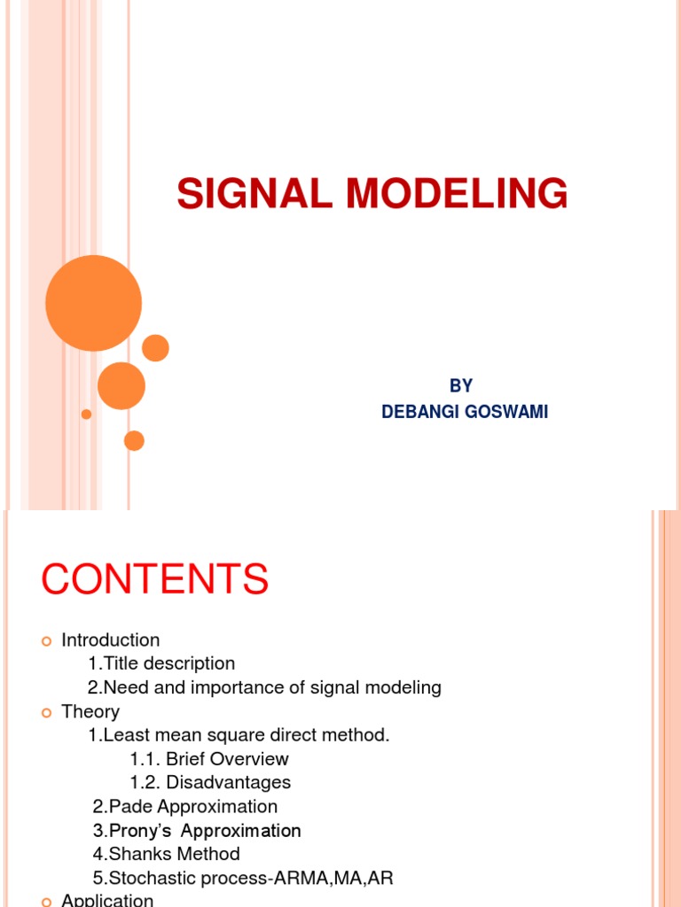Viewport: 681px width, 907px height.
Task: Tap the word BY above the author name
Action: tap(461, 386)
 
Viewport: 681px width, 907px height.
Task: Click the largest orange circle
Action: tap(93, 303)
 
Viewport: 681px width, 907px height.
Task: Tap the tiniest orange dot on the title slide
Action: tap(86, 414)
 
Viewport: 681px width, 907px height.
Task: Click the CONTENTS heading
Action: tap(154, 579)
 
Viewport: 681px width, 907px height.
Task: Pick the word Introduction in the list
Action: tap(111, 640)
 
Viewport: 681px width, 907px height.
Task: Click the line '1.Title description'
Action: tap(161, 663)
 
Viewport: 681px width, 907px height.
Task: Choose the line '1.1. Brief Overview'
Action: tap(209, 759)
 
